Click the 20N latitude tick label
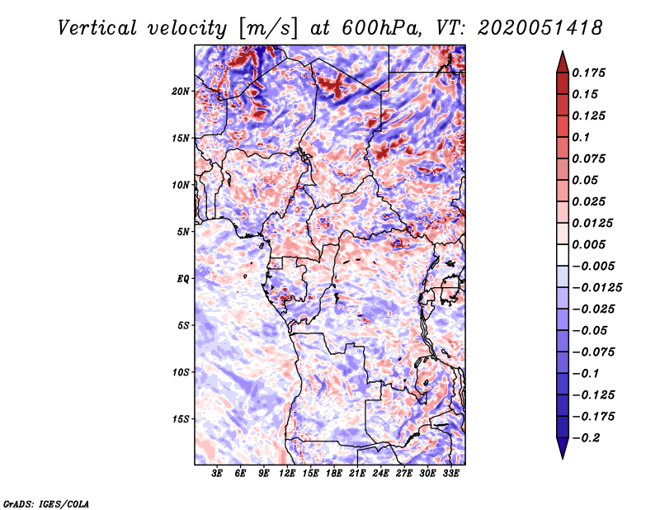(x=181, y=92)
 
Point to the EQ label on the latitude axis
(x=183, y=279)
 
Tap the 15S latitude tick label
(x=181, y=419)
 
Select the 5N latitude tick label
(x=183, y=232)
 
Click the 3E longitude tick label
(x=217, y=474)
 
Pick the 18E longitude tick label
(x=334, y=474)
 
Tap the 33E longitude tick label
(x=450, y=474)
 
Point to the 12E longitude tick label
(x=287, y=474)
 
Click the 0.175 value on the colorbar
(x=588, y=73)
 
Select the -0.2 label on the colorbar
(x=586, y=438)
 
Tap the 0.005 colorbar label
(x=588, y=244)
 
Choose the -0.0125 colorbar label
(x=596, y=288)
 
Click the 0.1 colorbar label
(x=581, y=137)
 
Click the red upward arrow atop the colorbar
(x=563, y=63)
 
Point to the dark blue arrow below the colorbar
(x=563, y=448)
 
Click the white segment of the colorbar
(x=563, y=255)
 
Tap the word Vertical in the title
(x=97, y=29)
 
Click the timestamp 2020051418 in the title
(x=540, y=28)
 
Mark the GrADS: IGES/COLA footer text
(x=46, y=503)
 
